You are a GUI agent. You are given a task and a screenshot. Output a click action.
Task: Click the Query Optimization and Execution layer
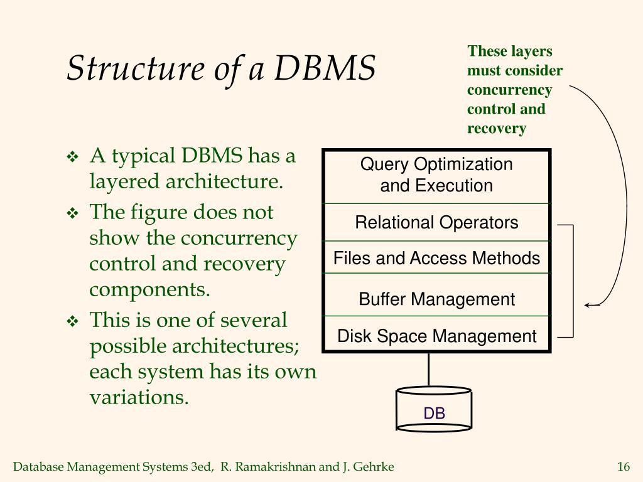coord(436,175)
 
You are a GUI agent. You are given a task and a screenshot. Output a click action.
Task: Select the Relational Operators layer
coord(436,223)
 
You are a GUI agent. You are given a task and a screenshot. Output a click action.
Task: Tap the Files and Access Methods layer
coord(436,258)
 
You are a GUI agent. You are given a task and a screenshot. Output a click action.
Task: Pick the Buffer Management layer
coord(436,299)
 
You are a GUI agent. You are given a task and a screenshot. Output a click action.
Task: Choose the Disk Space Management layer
coord(436,336)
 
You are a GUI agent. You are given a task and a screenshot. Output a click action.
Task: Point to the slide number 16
coord(623,466)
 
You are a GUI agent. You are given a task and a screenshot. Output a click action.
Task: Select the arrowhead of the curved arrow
coord(588,305)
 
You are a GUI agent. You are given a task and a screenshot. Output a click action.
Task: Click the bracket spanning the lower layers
coord(573,281)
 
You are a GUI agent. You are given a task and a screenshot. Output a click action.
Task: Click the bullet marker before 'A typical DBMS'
coord(72,156)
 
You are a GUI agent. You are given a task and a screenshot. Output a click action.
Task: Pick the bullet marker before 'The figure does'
coord(72,213)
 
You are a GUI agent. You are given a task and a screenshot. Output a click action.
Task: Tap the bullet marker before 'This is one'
coord(72,321)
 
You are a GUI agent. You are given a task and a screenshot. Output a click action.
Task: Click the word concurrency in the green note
coord(509,90)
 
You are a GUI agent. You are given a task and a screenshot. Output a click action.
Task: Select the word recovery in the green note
coord(496,129)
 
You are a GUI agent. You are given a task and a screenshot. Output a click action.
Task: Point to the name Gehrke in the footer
coord(376,466)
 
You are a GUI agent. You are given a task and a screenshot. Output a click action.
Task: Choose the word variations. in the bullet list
coord(139,397)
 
